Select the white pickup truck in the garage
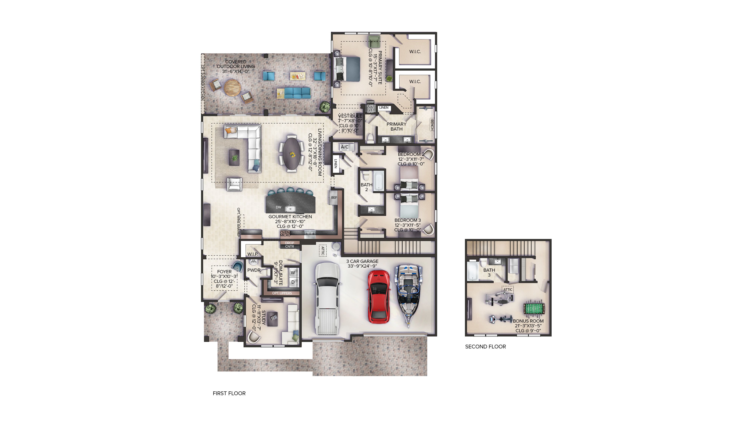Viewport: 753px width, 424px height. tap(328, 298)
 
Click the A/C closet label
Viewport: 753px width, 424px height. tap(345, 147)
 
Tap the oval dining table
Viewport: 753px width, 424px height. tap(291, 153)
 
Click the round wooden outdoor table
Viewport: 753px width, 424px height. tap(233, 87)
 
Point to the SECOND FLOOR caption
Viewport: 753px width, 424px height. tap(485, 347)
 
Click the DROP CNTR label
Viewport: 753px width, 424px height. tap(289, 245)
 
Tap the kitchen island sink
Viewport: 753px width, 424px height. tap(290, 209)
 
